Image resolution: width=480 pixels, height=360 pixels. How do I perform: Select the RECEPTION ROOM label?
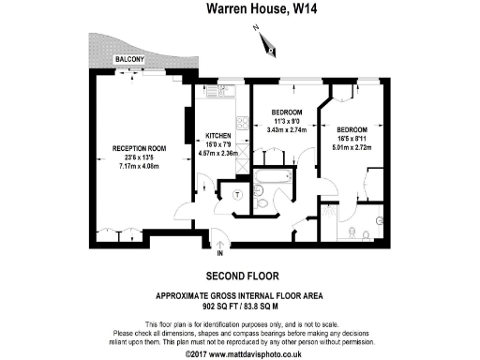[139, 148]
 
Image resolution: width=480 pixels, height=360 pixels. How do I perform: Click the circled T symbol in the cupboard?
[237, 194]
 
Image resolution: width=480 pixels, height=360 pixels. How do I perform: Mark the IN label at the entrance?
[219, 253]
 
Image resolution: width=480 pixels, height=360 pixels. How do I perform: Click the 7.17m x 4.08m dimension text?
[139, 166]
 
